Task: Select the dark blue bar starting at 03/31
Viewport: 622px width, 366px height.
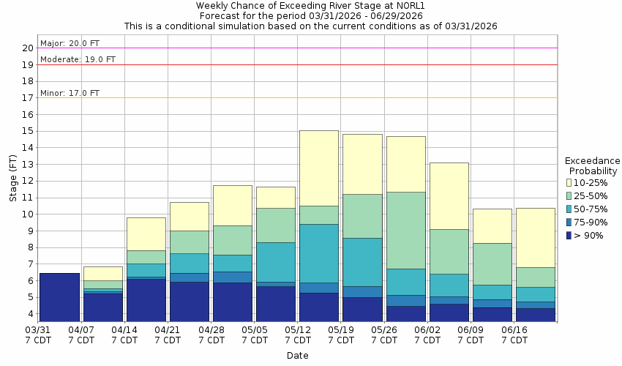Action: click(59, 297)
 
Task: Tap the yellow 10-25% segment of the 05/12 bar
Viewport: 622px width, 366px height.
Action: click(319, 168)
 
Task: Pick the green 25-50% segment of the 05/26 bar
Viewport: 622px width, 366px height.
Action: click(405, 230)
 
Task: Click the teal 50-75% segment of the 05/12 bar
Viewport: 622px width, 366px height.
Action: click(319, 253)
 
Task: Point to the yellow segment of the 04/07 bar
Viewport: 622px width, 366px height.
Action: click(102, 273)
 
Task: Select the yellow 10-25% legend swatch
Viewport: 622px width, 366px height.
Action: click(569, 182)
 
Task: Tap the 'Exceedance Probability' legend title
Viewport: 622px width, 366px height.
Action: click(593, 165)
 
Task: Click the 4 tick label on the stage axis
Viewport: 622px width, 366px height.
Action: click(30, 314)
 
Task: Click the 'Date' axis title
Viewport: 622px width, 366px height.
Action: click(297, 356)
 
